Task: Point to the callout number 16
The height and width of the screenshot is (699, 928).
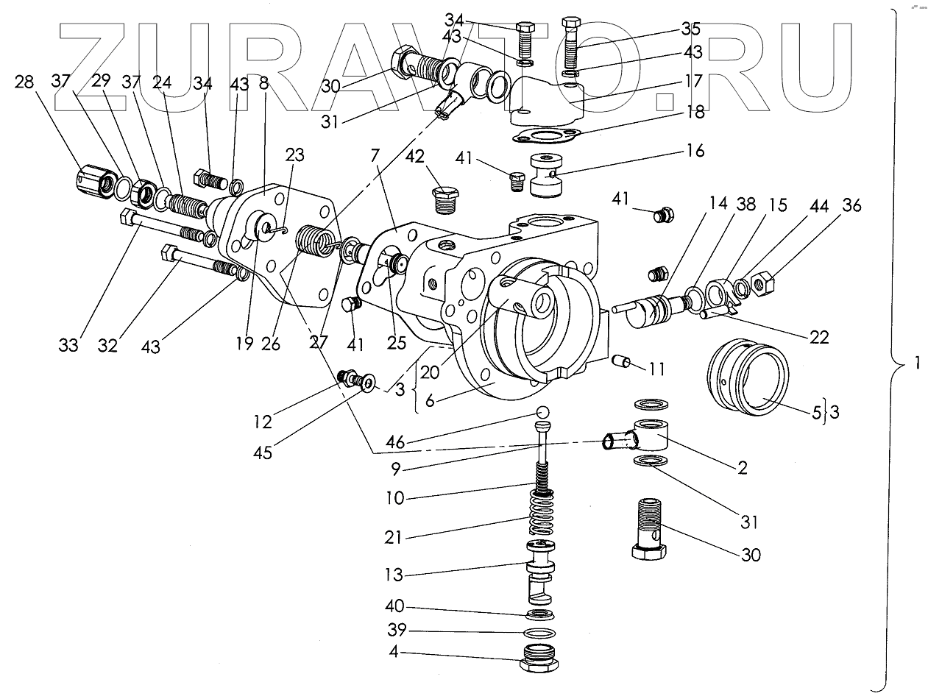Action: (x=695, y=151)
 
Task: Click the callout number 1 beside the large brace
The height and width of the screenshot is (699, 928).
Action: (x=915, y=363)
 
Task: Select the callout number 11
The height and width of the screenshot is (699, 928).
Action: (x=656, y=369)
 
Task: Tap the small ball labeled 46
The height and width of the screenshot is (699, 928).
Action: (x=543, y=411)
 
